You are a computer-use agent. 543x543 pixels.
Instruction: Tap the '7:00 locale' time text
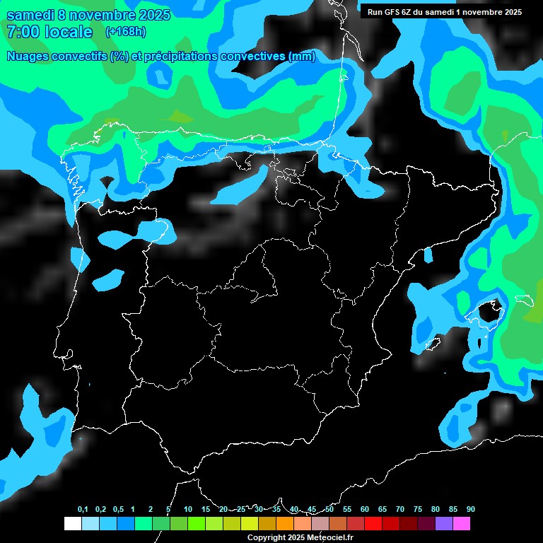(49, 32)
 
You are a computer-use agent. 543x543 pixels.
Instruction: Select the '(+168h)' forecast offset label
(125, 32)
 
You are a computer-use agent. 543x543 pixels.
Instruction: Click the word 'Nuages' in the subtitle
(28, 57)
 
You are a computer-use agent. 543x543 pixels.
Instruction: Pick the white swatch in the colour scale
(72, 524)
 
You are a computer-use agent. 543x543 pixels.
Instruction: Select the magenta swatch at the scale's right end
(462, 524)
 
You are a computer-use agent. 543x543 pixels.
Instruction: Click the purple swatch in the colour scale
(444, 524)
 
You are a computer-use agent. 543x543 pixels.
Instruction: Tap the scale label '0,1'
(83, 510)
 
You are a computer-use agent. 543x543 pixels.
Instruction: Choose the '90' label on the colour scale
(471, 510)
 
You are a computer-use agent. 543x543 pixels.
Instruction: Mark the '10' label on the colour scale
(188, 510)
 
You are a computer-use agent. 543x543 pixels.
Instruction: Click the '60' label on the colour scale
(365, 510)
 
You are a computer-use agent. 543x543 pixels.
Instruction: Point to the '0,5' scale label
(118, 510)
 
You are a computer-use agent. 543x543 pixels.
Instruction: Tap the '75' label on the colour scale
(418, 510)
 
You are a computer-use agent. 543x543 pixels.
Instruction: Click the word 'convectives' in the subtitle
(253, 57)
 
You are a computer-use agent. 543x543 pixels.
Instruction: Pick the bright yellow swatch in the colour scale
(250, 524)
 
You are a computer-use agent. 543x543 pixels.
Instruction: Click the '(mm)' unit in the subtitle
(303, 57)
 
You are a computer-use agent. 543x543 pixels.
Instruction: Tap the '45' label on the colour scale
(312, 510)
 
